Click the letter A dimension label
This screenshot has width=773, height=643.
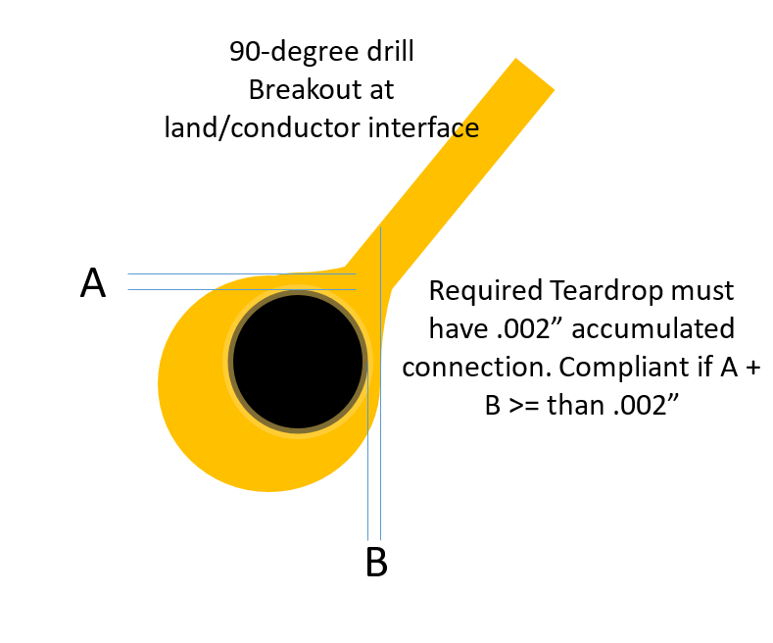point(93,282)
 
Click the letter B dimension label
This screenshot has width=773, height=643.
point(376,564)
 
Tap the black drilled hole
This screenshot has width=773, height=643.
point(298,362)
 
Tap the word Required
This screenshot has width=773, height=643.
point(482,291)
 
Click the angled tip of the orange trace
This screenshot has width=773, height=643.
point(533,74)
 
